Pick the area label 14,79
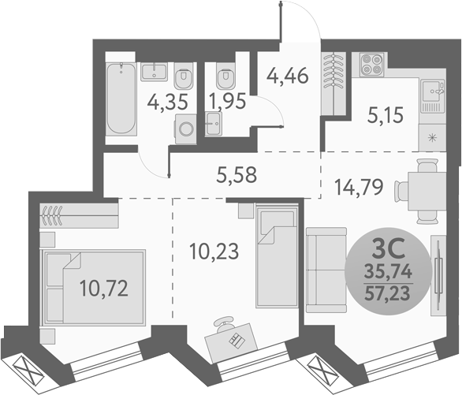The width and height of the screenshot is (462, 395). point(360,188)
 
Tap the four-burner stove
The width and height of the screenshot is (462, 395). point(372,65)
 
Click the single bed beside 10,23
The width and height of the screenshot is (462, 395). point(276,243)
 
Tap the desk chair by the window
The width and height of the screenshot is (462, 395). point(228,323)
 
